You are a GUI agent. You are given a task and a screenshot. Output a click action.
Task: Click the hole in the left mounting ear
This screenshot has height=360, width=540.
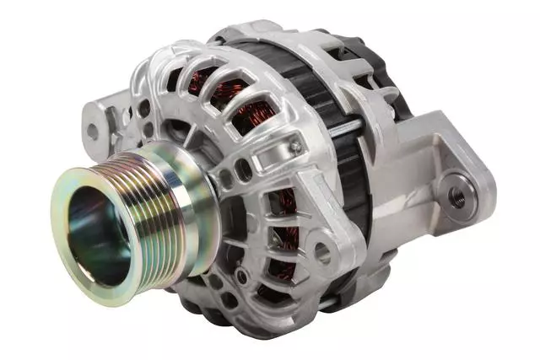[x=92, y=131]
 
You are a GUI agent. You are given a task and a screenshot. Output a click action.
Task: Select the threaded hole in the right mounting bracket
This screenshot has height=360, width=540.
[x=456, y=196]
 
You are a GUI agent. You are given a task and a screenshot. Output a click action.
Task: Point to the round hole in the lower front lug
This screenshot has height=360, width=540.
[x=323, y=251]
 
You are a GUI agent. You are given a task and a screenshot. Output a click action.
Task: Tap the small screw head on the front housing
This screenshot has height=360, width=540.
[x=295, y=147]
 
